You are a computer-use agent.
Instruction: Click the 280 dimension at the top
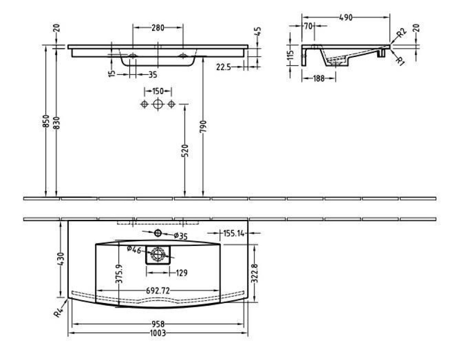tap(158, 28)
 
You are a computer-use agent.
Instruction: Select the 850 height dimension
tap(46, 122)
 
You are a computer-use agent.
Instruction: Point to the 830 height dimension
tap(56, 122)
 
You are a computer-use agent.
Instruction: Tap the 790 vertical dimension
tap(203, 126)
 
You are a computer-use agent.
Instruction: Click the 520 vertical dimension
tap(185, 150)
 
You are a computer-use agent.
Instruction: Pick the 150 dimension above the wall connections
tap(158, 91)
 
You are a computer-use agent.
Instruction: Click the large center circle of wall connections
tap(158, 104)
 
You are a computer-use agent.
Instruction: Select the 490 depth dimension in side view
tap(345, 17)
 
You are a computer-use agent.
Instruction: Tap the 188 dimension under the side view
tap(318, 78)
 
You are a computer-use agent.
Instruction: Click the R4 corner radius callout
tap(58, 312)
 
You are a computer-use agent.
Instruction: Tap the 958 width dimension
tap(158, 324)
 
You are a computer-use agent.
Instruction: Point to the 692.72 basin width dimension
tap(158, 290)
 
